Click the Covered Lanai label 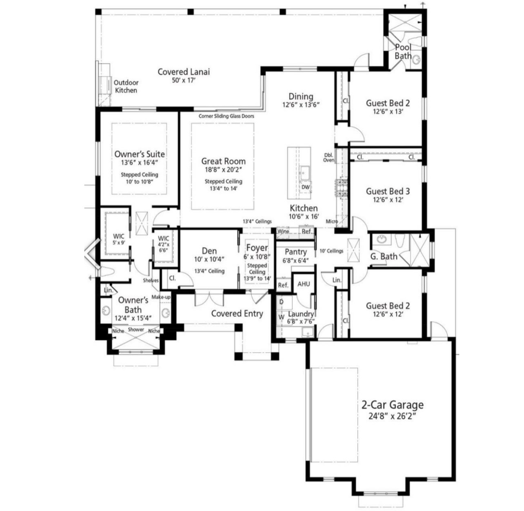pyautogui.click(x=183, y=72)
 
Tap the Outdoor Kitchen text pyautogui.click(x=126, y=87)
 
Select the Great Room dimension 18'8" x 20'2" pyautogui.click(x=223, y=170)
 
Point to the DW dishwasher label pyautogui.click(x=305, y=187)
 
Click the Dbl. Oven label pyautogui.click(x=329, y=158)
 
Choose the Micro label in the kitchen pyautogui.click(x=331, y=222)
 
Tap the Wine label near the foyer pyautogui.click(x=283, y=231)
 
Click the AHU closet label pyautogui.click(x=304, y=284)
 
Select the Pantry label pyautogui.click(x=295, y=252)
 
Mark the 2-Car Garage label pyautogui.click(x=392, y=405)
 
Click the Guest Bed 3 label pyautogui.click(x=388, y=191)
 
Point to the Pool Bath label pyautogui.click(x=403, y=51)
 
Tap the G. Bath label pyautogui.click(x=384, y=256)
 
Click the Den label pyautogui.click(x=209, y=251)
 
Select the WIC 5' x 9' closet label pyautogui.click(x=118, y=239)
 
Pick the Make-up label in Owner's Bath pyautogui.click(x=161, y=297)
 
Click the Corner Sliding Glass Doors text pyautogui.click(x=226, y=116)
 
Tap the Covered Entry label pyautogui.click(x=237, y=313)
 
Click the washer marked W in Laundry pyautogui.click(x=281, y=317)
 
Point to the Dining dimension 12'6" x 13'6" pyautogui.click(x=301, y=104)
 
